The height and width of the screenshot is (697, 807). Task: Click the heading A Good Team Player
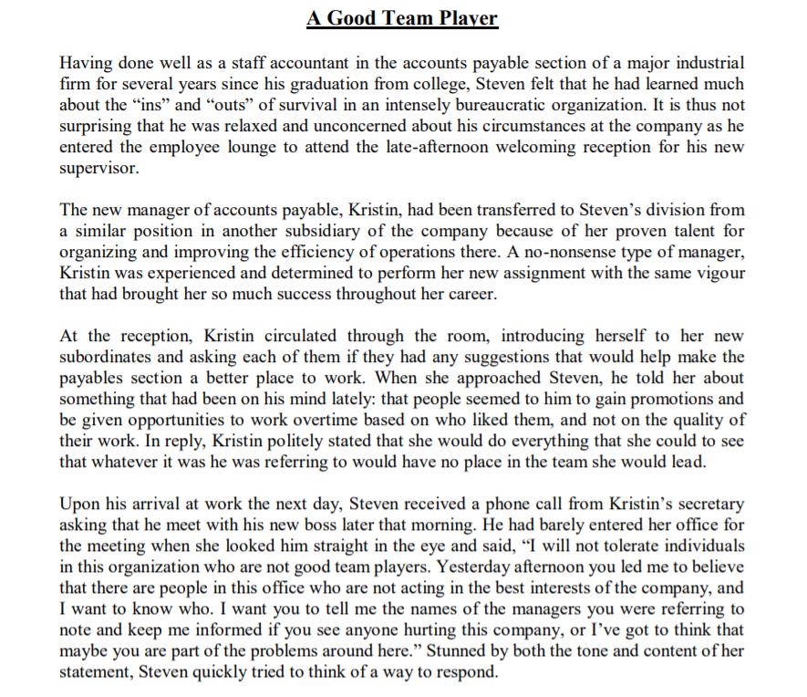[402, 18]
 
